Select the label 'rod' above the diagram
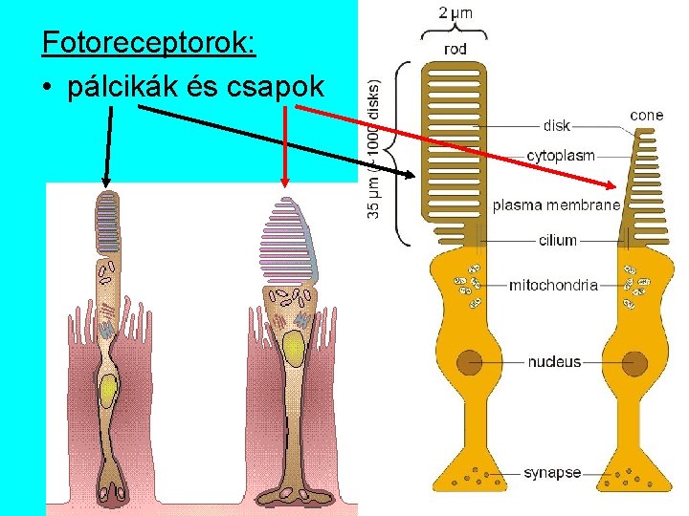point(456,48)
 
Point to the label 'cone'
point(646,116)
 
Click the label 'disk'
point(556,125)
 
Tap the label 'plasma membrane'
point(556,205)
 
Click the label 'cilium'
point(558,240)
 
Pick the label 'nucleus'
point(554,362)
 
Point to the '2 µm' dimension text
point(456,13)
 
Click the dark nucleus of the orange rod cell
point(468,363)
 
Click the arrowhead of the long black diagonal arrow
point(413,175)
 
